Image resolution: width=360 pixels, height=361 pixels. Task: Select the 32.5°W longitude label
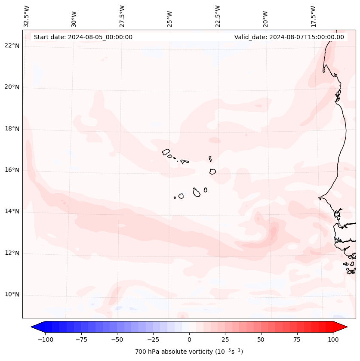tap(27, 16)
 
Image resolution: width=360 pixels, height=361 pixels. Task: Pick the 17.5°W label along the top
tap(313, 16)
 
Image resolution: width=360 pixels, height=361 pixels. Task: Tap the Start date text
tap(83, 37)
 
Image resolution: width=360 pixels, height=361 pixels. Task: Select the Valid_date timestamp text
tap(289, 37)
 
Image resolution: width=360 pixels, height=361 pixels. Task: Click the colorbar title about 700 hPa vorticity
tap(189, 352)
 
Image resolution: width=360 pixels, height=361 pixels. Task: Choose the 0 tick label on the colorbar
tap(189, 339)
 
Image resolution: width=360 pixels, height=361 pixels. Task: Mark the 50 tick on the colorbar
tap(261, 339)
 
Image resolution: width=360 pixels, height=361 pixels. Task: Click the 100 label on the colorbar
tap(333, 339)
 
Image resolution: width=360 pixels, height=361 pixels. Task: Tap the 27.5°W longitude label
tap(122, 16)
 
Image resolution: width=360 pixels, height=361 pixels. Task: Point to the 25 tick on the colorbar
tap(225, 339)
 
